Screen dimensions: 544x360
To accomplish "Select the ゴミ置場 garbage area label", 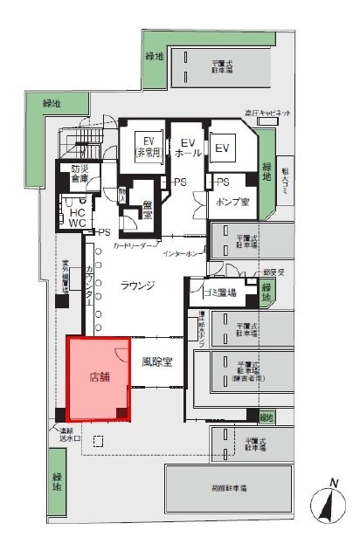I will click(219, 291).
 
